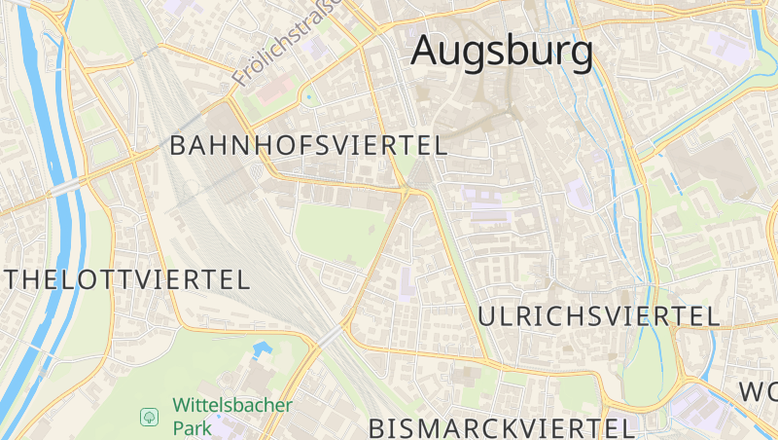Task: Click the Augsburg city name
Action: tap(502, 51)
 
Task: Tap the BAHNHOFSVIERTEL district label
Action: tap(308, 146)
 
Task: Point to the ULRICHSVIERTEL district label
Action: tap(599, 315)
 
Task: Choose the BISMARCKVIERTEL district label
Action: tap(502, 427)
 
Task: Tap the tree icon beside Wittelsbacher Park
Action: tap(150, 417)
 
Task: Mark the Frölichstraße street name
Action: tap(288, 43)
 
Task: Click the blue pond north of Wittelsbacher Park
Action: tap(262, 348)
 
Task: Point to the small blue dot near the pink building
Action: tap(309, 96)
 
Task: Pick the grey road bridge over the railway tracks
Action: tap(330, 335)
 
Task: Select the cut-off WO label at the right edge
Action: tap(759, 392)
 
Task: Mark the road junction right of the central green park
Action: tap(405, 193)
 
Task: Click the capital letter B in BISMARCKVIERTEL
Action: tap(378, 427)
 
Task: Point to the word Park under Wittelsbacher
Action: tap(192, 426)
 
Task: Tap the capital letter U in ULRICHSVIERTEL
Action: tap(487, 315)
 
